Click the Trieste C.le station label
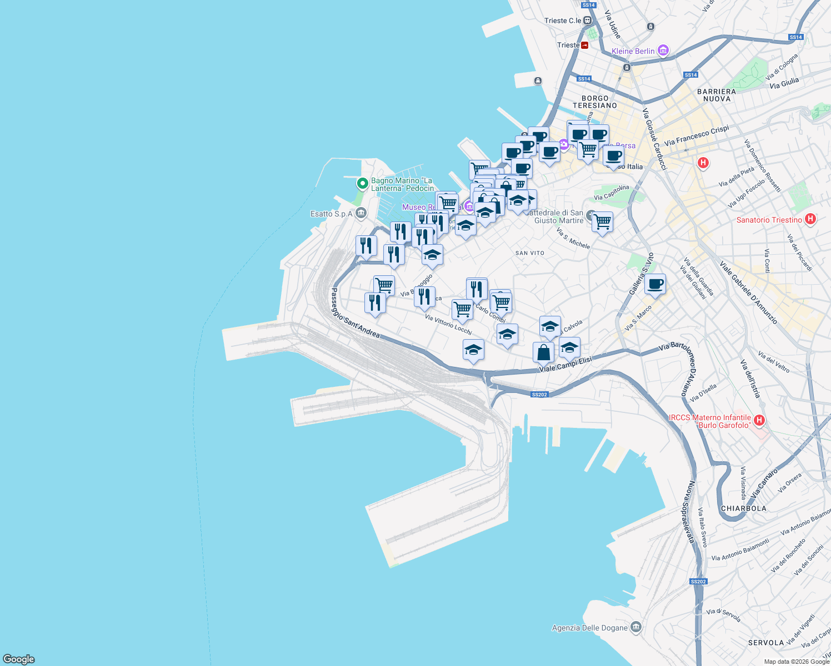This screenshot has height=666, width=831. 563,21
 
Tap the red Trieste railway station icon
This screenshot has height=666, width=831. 584,45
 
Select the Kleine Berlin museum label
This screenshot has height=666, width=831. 633,51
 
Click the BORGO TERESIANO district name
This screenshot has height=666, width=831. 595,102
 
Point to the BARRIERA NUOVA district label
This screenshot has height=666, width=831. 717,95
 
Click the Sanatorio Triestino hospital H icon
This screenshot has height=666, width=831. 810,219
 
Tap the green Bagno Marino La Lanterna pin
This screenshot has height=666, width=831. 362,183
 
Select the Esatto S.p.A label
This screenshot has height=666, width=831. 332,214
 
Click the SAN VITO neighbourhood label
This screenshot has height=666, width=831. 530,253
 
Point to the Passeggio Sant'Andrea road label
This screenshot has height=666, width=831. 356,313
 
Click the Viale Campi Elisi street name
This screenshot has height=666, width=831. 565,364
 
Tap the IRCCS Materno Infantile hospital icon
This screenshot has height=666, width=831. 759,421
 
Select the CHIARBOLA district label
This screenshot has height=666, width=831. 743,508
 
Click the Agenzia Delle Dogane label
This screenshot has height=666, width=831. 589,628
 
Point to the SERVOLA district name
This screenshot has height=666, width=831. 766,643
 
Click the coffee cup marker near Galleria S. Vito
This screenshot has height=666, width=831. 655,284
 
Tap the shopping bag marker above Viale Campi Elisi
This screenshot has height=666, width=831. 543,352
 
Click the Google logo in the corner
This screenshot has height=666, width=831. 19,659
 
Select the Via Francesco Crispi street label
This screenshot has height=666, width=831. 697,136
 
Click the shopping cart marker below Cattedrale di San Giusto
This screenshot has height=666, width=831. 602,222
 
